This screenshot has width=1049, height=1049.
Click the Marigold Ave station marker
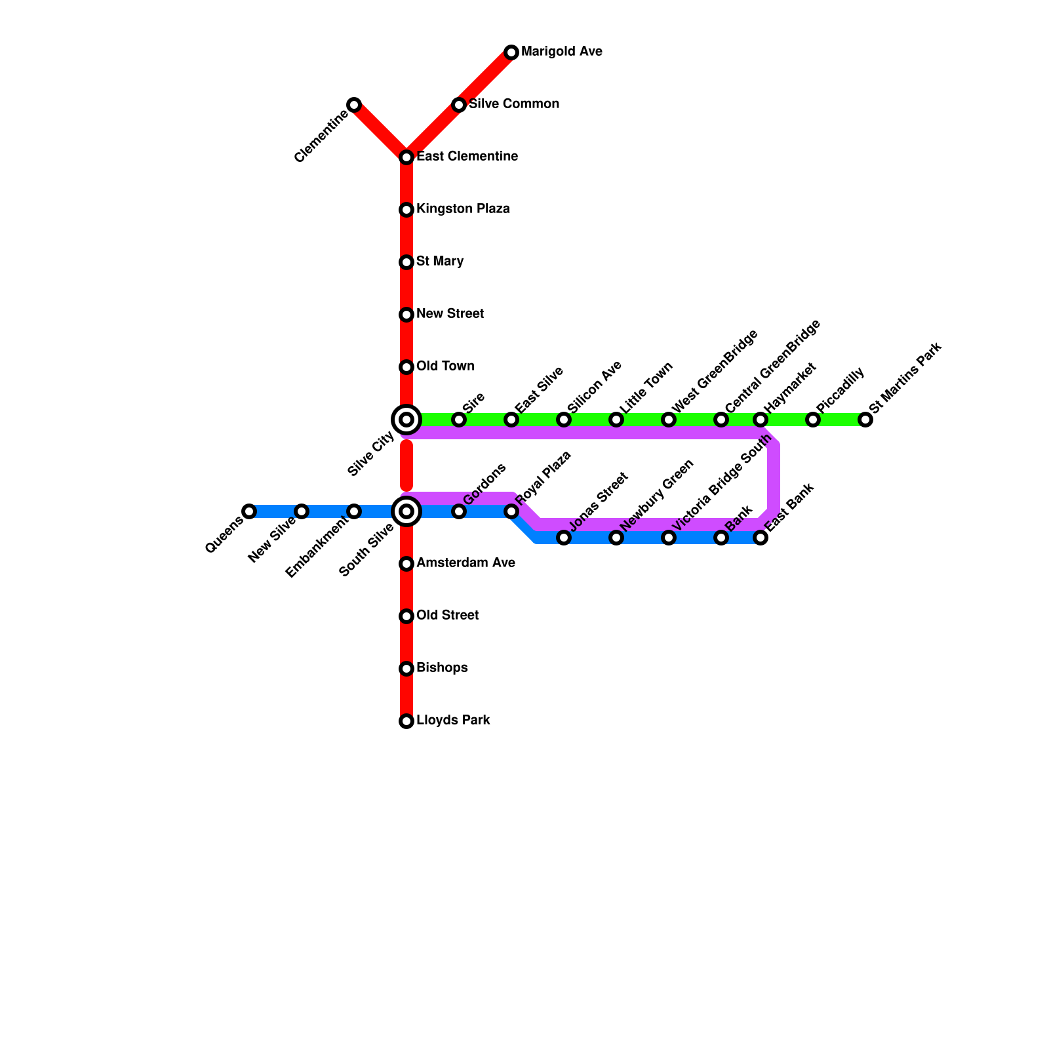[511, 52]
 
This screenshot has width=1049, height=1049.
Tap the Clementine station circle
[354, 105]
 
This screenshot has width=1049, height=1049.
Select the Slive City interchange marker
[406, 420]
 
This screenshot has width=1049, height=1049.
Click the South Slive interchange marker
[406, 511]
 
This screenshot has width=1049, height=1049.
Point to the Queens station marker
[249, 511]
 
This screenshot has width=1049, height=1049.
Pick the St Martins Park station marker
[865, 420]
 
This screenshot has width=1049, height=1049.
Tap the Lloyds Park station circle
[406, 721]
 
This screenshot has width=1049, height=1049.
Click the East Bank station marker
[761, 538]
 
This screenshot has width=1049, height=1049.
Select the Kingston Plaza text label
[463, 209]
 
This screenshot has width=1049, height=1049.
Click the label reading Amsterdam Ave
[465, 563]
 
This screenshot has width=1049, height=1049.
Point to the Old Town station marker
[406, 367]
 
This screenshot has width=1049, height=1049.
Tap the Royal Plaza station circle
[511, 511]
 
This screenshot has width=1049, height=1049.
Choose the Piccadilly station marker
[813, 420]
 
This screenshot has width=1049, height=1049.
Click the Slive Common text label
[514, 104]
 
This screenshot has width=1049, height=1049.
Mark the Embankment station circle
[354, 511]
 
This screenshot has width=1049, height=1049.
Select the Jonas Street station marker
[564, 538]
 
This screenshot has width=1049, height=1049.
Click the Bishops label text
[442, 668]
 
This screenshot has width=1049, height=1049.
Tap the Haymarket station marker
[761, 420]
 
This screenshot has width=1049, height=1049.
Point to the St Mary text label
[440, 262]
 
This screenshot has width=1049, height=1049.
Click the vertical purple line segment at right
[774, 479]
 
